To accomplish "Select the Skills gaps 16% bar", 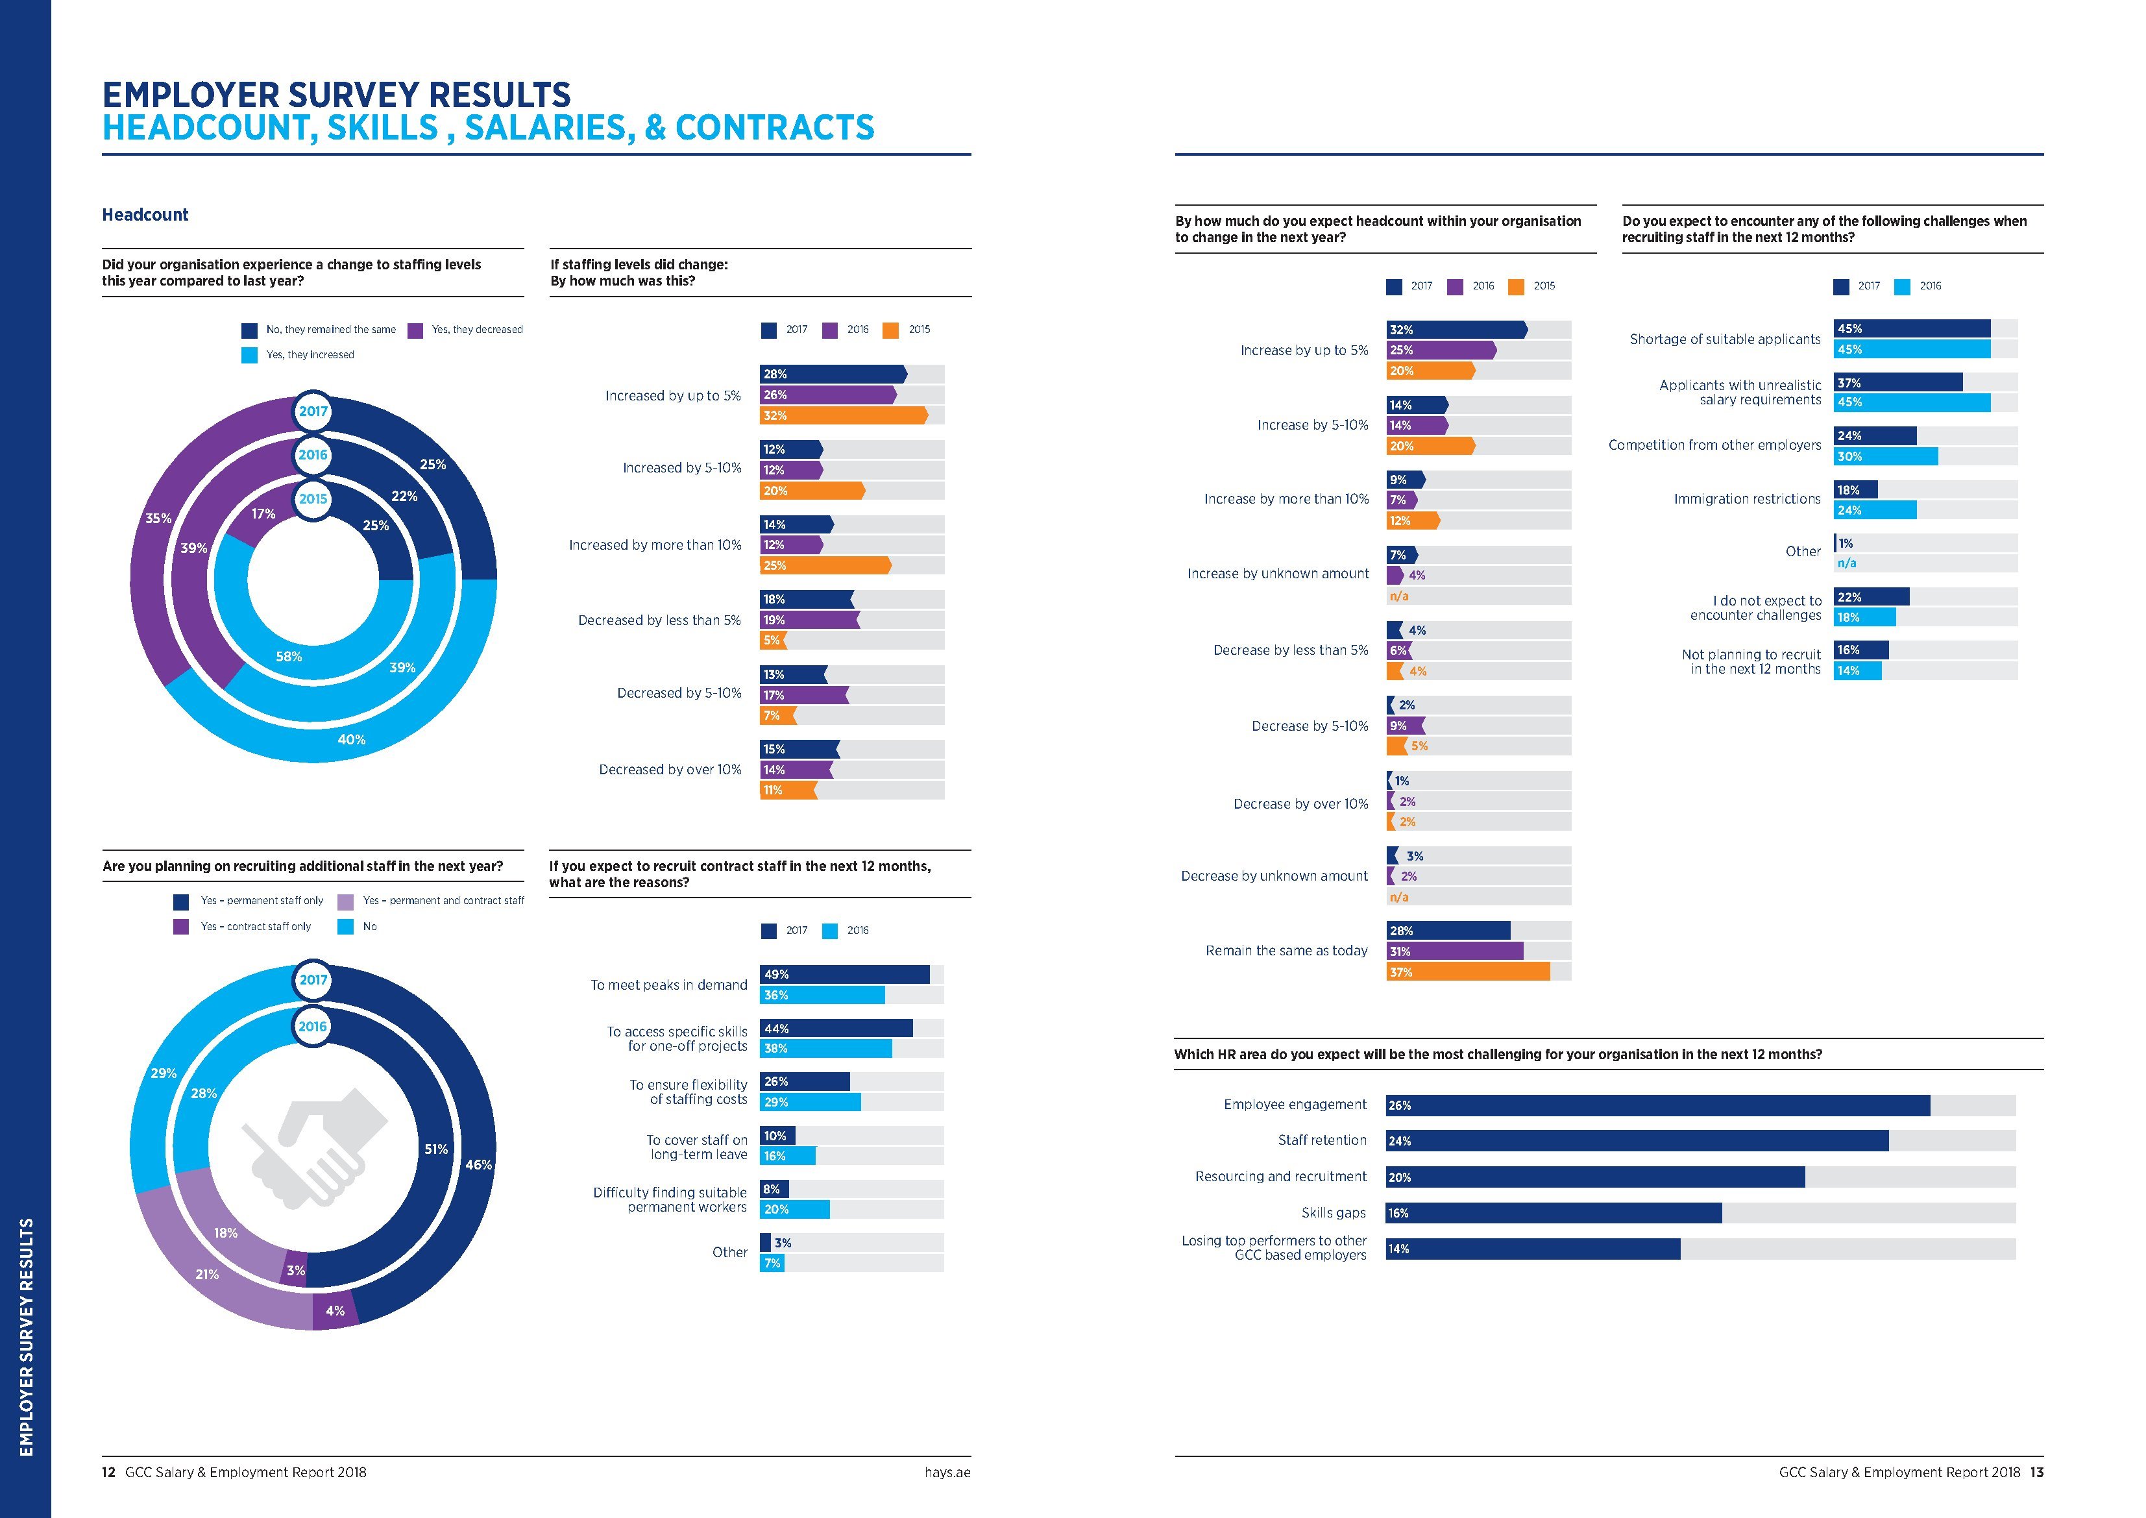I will pyautogui.click(x=1554, y=1213).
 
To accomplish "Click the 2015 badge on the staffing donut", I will pyautogui.click(x=313, y=499).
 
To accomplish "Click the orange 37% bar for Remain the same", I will pyautogui.click(x=1467, y=972).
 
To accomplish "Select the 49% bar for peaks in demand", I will pyautogui.click(x=845, y=975).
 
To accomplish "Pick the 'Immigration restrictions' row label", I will pyautogui.click(x=1747, y=499).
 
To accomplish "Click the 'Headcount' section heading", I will pyautogui.click(x=145, y=215).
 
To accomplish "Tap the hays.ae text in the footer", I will pyautogui.click(x=947, y=1472).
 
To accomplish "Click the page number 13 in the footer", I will pyautogui.click(x=2036, y=1472).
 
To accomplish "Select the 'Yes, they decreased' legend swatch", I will pyautogui.click(x=416, y=330).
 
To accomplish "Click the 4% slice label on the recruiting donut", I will pyautogui.click(x=335, y=1310).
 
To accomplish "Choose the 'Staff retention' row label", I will pyautogui.click(x=1322, y=1140).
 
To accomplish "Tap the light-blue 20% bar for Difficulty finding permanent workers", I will pyautogui.click(x=794, y=1210).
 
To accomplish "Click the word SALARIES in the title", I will pyautogui.click(x=545, y=128).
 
